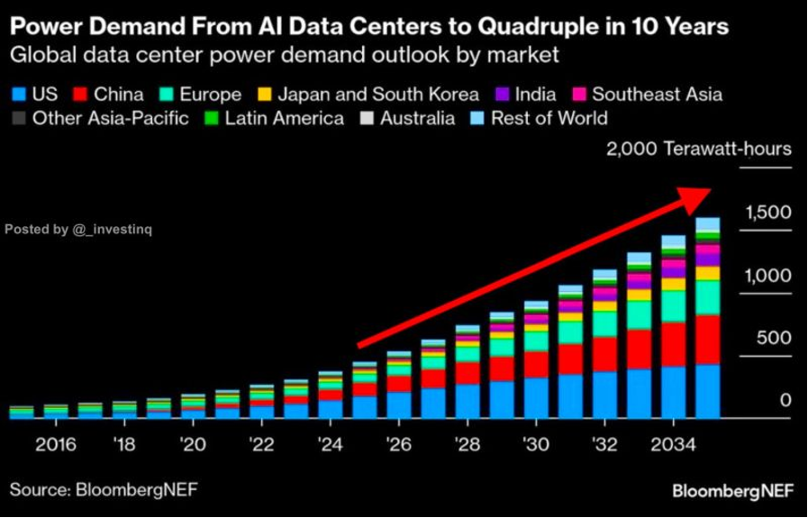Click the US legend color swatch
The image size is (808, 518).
[x=18, y=94]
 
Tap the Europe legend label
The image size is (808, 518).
[x=209, y=94]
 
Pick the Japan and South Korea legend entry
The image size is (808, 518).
[x=377, y=94]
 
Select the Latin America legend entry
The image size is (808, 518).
[x=284, y=118]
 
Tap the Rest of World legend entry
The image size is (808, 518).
[x=549, y=118]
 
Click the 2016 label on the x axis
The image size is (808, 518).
[x=55, y=445]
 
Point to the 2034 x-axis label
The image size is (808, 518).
[x=673, y=445]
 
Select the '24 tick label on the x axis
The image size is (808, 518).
[x=331, y=445]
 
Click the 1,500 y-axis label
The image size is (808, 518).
[x=767, y=213]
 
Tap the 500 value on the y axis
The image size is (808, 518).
[x=773, y=338]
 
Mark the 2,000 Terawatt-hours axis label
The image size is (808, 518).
[x=698, y=150]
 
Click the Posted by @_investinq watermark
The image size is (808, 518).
[x=78, y=230]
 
